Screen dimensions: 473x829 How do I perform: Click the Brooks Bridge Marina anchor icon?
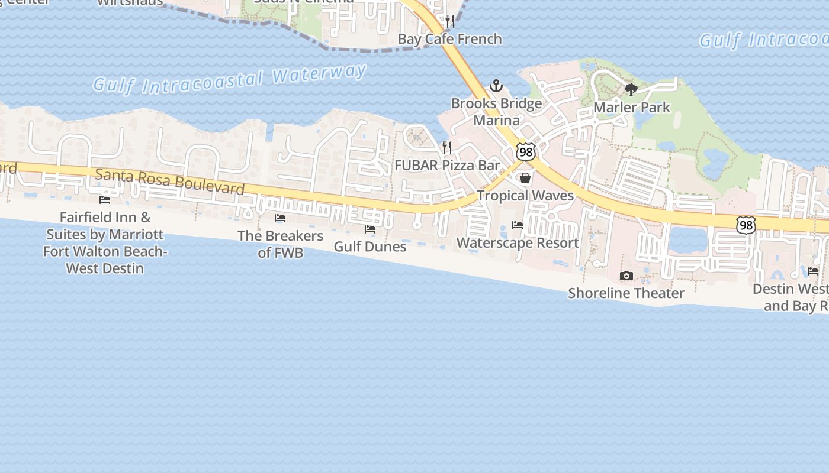pos(496,86)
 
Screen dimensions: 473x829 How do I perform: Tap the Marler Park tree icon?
pos(631,90)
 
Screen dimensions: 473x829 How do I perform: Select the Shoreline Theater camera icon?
pos(626,276)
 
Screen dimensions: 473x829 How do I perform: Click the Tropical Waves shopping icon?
pos(525,178)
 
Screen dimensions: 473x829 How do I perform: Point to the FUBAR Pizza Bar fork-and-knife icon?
pos(448,147)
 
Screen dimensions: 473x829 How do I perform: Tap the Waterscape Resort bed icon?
pos(518,225)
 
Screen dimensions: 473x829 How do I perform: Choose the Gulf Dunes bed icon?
pos(370,229)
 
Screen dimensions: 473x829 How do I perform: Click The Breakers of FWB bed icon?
pos(280,219)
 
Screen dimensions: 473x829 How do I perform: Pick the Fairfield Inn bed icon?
pos(105,200)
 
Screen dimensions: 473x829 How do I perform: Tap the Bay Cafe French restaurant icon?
pos(450,22)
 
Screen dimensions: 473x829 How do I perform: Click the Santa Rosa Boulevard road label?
pos(169,181)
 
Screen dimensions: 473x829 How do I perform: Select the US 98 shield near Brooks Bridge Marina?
pos(525,151)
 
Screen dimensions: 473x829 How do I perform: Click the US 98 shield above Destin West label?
pos(747,225)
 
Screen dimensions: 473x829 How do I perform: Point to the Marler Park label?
pos(632,108)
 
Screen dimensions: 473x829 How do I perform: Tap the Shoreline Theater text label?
pos(626,293)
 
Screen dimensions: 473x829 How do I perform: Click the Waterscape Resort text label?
pos(518,243)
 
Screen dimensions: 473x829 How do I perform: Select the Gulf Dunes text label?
pos(370,247)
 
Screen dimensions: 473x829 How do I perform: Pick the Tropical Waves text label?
pos(525,196)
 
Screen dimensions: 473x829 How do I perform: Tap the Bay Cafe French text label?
pos(450,39)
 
